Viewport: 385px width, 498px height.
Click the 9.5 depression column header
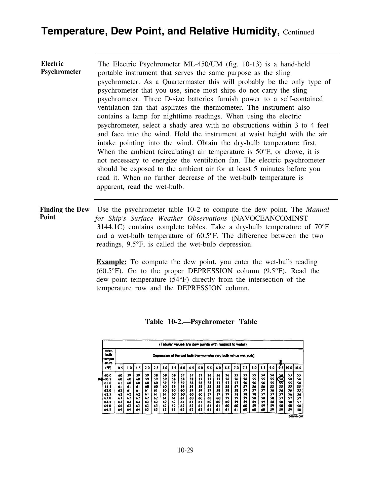pyautogui.click(x=281, y=368)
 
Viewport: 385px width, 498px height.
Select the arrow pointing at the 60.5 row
pyautogui.click(x=101, y=379)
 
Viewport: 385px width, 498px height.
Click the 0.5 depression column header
pyautogui.click(x=120, y=368)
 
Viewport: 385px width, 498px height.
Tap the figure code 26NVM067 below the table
pyautogui.click(x=296, y=416)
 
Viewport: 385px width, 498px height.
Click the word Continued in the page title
pyautogui.click(x=298, y=32)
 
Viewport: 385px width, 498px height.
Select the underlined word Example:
pyautogui.click(x=111, y=262)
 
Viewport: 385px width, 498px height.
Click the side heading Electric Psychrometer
pyautogui.click(x=61, y=68)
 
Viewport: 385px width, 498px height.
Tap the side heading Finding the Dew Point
pyautogui.click(x=64, y=213)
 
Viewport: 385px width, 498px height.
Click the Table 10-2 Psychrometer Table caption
pyautogui.click(x=201, y=322)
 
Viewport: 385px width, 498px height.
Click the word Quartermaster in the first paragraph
pyautogui.click(x=187, y=82)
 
